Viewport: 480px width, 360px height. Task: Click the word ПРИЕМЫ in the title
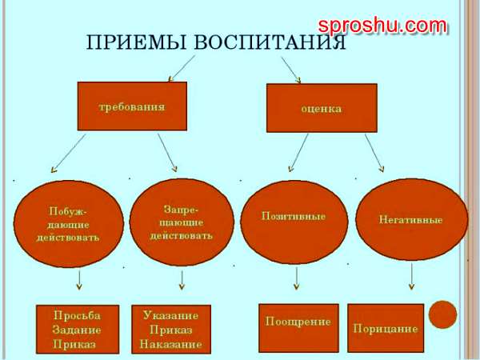click(136, 42)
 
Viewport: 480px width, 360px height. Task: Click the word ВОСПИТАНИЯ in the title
click(270, 42)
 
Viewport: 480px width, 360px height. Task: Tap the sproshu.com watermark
click(382, 26)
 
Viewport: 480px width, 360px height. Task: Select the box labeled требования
click(132, 106)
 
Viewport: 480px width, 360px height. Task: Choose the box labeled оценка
click(322, 108)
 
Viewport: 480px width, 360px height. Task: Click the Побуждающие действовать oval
click(69, 224)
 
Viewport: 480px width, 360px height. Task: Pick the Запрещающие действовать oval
click(182, 222)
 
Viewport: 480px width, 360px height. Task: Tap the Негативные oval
click(412, 220)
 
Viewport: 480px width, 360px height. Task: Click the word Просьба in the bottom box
click(77, 316)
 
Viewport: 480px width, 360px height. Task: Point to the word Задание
click(77, 330)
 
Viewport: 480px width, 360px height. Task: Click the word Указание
click(171, 315)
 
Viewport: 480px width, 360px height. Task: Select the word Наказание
click(171, 344)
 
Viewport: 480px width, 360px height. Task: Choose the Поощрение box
click(298, 328)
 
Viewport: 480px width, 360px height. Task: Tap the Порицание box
click(386, 328)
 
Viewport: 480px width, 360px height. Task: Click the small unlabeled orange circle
click(442, 314)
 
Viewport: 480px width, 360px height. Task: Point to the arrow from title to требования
click(182, 69)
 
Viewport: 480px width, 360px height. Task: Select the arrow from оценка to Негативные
click(374, 153)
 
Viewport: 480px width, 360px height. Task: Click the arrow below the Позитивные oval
click(296, 278)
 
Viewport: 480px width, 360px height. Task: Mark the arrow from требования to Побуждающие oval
click(68, 154)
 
